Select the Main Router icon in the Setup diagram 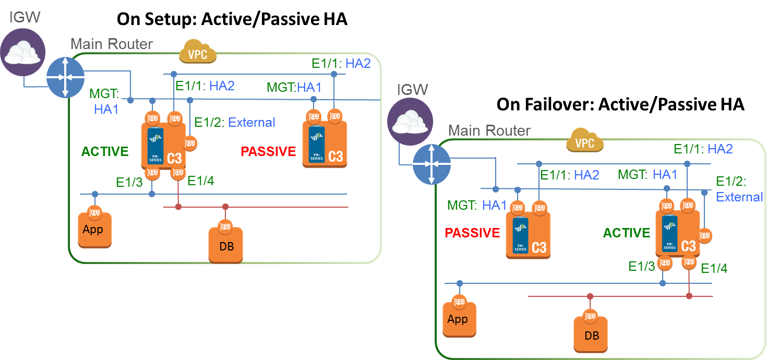(x=65, y=77)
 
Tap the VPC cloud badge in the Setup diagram (x=198, y=54)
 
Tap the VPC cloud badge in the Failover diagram (x=585, y=141)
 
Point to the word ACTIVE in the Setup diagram (x=105, y=152)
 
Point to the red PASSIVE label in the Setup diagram (x=268, y=152)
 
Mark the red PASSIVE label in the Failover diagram (x=472, y=233)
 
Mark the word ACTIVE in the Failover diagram (x=627, y=233)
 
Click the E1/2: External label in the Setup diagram (x=234, y=123)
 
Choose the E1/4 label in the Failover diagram (x=714, y=269)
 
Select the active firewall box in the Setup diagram (x=163, y=145)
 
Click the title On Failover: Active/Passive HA (x=620, y=104)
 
